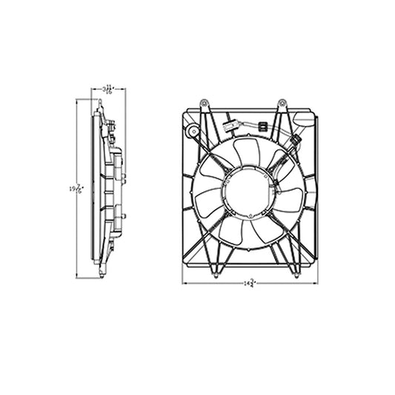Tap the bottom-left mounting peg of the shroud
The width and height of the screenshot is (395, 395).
pyautogui.click(x=215, y=275)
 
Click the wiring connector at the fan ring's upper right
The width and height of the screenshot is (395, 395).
pyautogui.click(x=296, y=140)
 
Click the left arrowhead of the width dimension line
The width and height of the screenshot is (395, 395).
pyautogui.click(x=185, y=283)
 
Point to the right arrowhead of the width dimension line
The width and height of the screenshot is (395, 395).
pyautogui.click(x=317, y=283)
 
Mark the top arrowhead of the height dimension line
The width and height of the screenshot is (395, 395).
pyautogui.click(x=78, y=102)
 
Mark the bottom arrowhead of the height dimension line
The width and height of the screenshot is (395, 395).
pyautogui.click(x=78, y=276)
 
